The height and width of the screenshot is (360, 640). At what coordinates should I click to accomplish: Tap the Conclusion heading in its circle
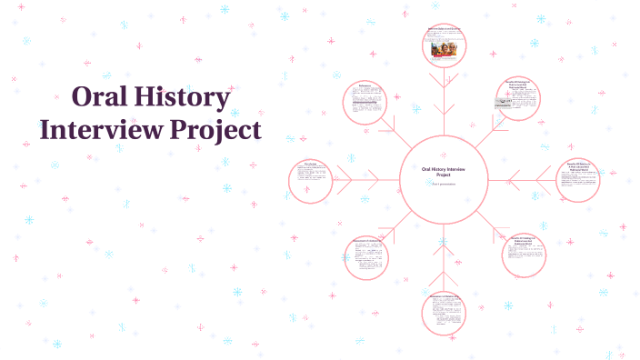coord(310,164)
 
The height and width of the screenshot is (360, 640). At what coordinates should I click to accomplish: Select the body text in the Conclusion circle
coord(310,180)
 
